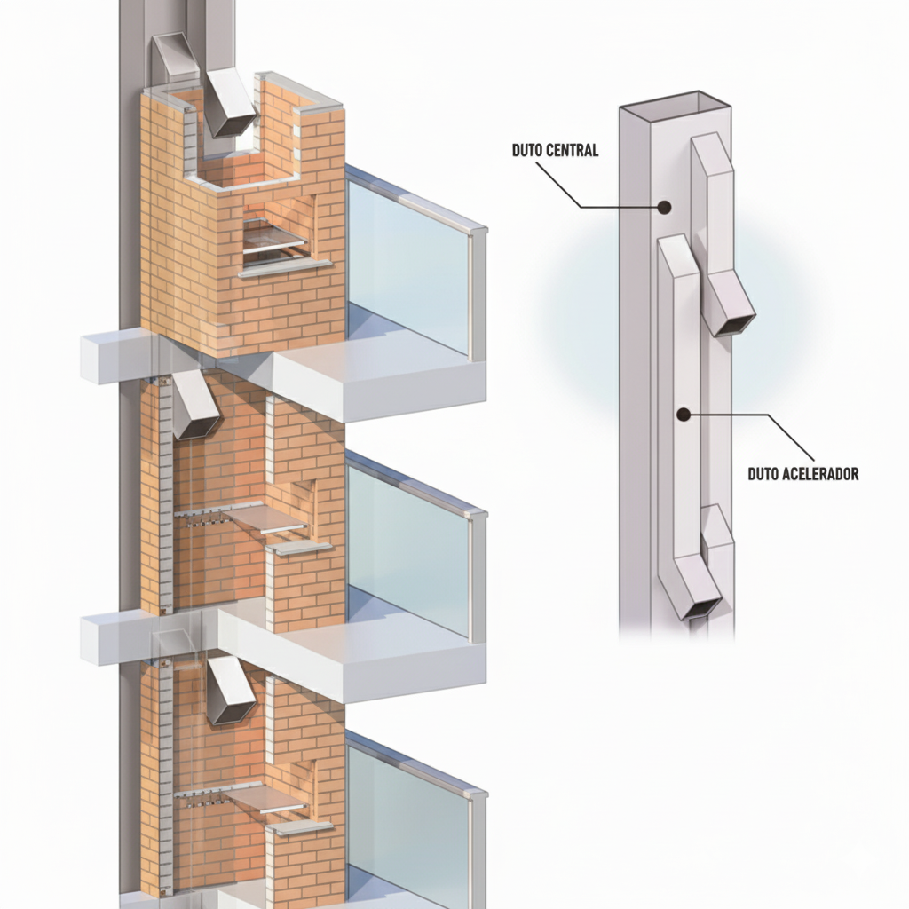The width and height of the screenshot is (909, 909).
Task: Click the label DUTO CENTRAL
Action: coord(555,150)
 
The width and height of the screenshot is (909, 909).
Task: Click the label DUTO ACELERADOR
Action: coord(802,474)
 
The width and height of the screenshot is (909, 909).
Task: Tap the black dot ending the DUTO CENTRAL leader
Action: coord(664,206)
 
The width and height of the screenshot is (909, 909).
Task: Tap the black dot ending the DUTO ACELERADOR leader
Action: coord(684,415)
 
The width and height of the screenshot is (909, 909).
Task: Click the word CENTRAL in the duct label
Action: coord(573,150)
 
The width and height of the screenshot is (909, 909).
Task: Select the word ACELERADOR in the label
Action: coord(820,474)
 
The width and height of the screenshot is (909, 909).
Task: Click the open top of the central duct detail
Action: coord(675,107)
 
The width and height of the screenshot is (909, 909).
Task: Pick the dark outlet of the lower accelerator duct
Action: coord(701,608)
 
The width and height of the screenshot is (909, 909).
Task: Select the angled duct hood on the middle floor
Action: coord(195,405)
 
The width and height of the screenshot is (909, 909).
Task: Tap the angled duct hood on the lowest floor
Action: coord(232,691)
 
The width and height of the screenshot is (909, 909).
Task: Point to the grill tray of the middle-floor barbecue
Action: coord(265,518)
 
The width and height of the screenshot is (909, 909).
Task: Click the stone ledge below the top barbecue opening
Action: coord(285,268)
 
